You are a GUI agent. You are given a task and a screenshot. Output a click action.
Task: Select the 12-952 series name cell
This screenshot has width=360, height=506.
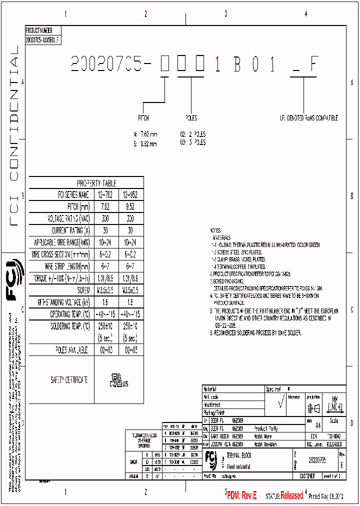130,194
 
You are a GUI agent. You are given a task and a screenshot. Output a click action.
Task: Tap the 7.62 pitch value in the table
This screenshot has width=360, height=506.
106,206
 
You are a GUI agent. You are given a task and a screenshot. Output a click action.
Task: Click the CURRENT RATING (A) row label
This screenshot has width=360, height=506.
70,230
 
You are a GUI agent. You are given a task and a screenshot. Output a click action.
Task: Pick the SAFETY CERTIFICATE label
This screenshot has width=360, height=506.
69,380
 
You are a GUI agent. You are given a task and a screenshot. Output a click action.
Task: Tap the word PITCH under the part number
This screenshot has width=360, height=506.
143,118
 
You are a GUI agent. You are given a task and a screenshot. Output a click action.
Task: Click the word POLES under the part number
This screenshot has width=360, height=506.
191,118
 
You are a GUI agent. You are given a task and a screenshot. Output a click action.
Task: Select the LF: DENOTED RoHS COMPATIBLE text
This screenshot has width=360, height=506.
308,118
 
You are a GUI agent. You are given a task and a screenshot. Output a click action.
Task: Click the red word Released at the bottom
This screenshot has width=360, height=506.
291,496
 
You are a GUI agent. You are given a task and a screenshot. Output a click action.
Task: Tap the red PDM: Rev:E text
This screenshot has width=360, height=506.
242,495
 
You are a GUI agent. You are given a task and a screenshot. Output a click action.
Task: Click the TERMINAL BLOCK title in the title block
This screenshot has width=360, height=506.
239,455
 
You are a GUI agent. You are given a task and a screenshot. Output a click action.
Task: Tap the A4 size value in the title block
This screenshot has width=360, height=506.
318,425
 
